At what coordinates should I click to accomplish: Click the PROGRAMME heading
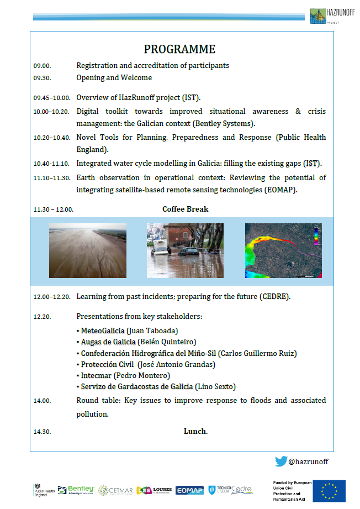[179, 49]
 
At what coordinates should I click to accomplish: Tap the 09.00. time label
[42, 66]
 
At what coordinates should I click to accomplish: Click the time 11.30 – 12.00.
[53, 209]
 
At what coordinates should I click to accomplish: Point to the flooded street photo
[185, 250]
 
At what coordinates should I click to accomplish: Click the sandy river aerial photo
[87, 250]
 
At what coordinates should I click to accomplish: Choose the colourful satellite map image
[283, 250]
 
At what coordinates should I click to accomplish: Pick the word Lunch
[195, 431]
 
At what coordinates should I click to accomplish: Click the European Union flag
[330, 491]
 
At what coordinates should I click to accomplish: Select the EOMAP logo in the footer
[189, 490]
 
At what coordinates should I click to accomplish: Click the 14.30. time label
[42, 431]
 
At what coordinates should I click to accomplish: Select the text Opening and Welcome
[114, 78]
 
